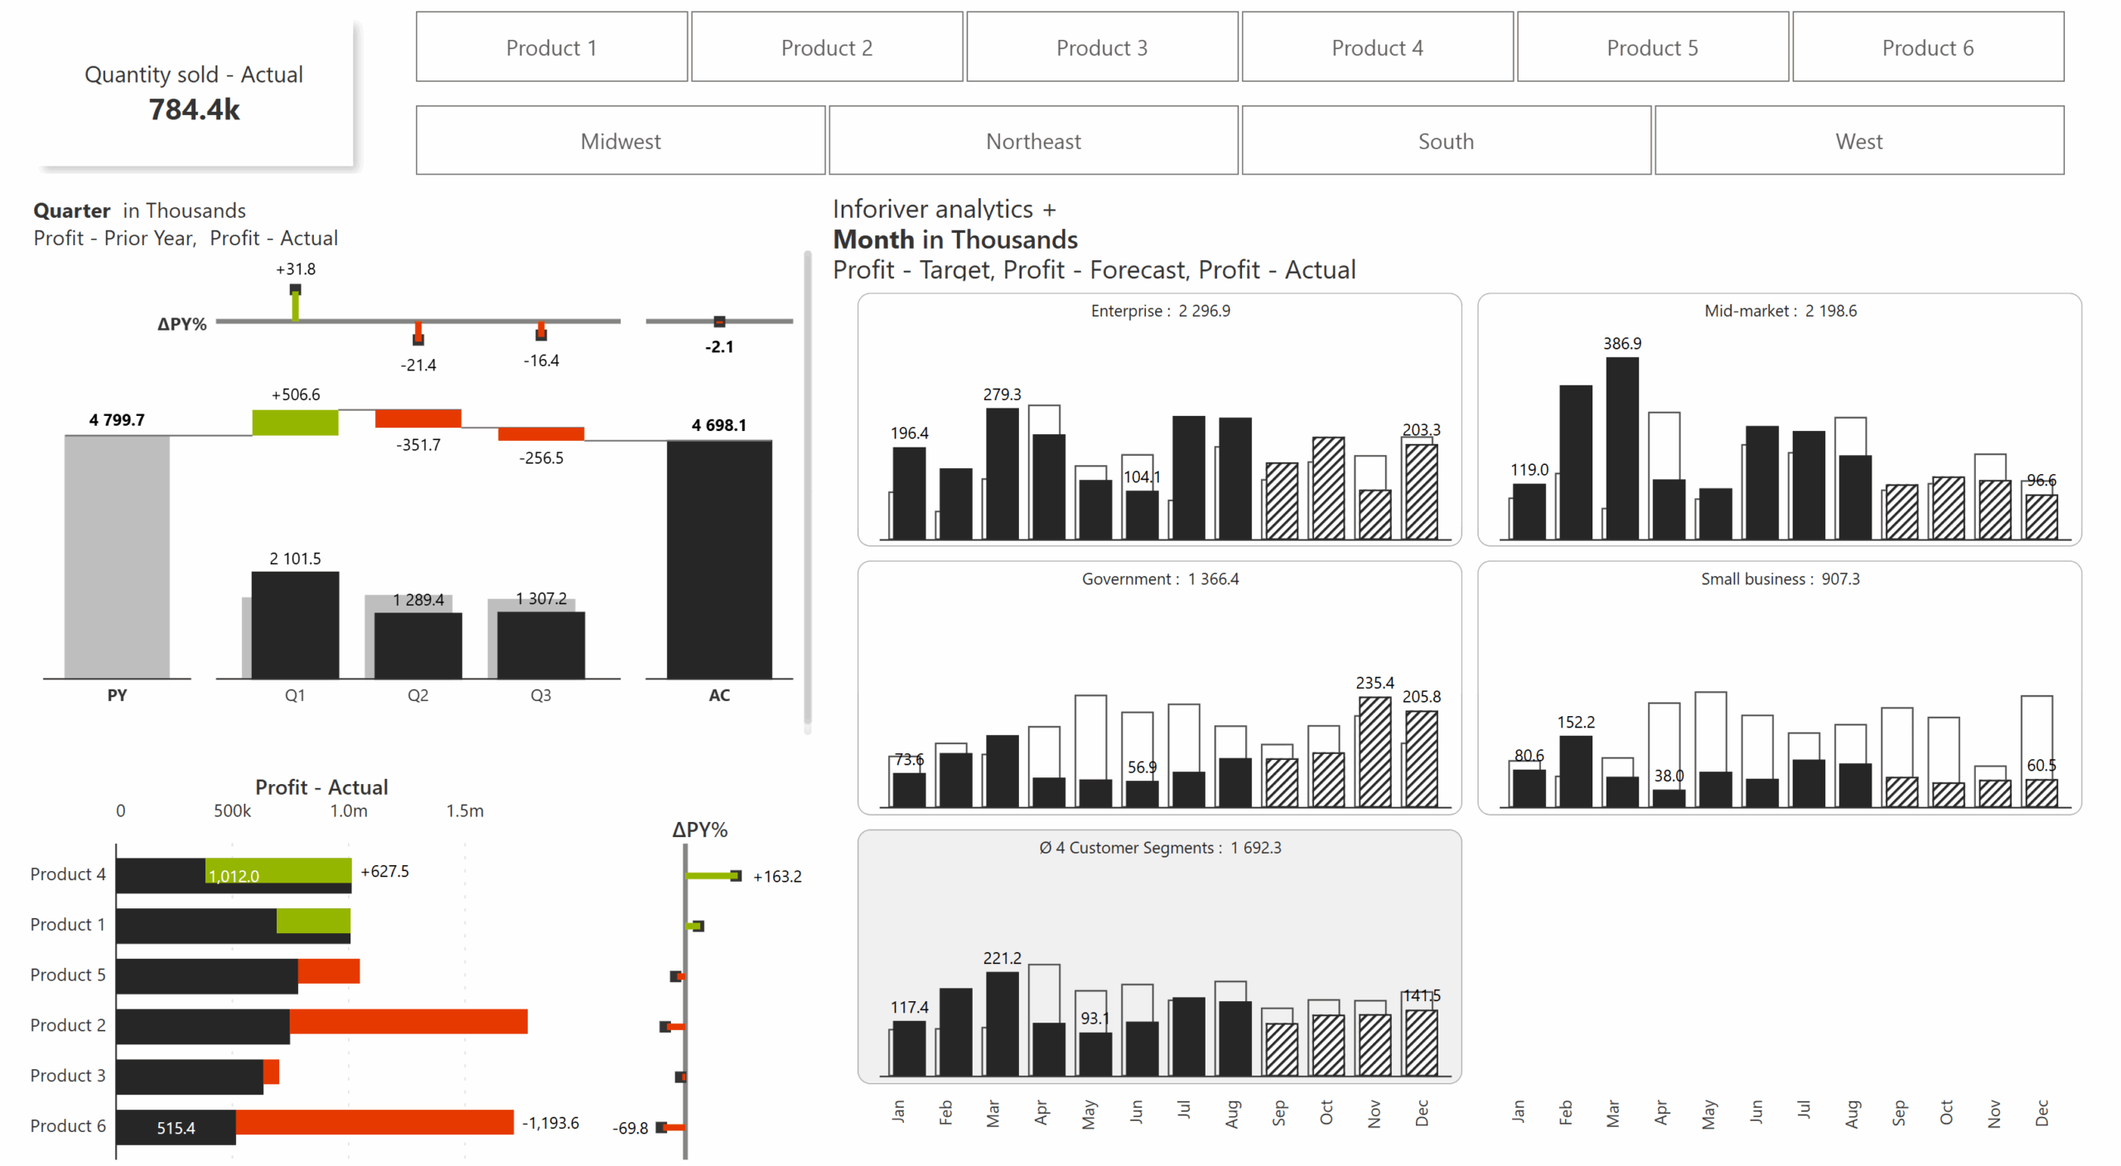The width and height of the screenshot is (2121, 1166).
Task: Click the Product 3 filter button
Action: coord(1101,47)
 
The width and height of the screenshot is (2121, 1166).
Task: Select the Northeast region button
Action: coord(1032,141)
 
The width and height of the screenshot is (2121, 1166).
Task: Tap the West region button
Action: coord(1858,141)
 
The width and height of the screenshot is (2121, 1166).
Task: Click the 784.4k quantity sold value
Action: coord(194,109)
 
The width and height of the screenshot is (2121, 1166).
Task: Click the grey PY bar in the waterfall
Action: coord(117,555)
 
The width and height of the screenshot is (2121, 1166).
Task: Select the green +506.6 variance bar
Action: coord(295,422)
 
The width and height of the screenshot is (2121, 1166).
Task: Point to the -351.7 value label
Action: coord(418,445)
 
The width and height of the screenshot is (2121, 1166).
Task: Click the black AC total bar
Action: coord(718,559)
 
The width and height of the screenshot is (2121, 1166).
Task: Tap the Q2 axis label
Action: coord(418,695)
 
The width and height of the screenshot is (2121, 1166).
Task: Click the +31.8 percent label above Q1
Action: coord(295,269)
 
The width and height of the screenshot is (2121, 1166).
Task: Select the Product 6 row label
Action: coord(68,1125)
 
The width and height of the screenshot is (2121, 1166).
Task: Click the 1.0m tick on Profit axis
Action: coord(348,810)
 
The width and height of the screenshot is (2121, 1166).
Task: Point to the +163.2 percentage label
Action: coord(776,876)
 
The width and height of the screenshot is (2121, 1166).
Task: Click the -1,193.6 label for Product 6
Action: coord(550,1123)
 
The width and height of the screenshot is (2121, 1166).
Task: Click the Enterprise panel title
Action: coord(1159,311)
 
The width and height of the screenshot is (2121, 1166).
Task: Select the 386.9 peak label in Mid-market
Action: coord(1621,343)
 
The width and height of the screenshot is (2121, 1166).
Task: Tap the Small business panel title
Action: coord(1780,578)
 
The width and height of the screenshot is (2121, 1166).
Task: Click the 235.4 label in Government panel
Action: coord(1375,683)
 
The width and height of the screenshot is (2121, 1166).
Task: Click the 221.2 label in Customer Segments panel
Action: coord(1002,958)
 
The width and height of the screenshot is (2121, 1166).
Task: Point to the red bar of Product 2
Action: coord(408,1021)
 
